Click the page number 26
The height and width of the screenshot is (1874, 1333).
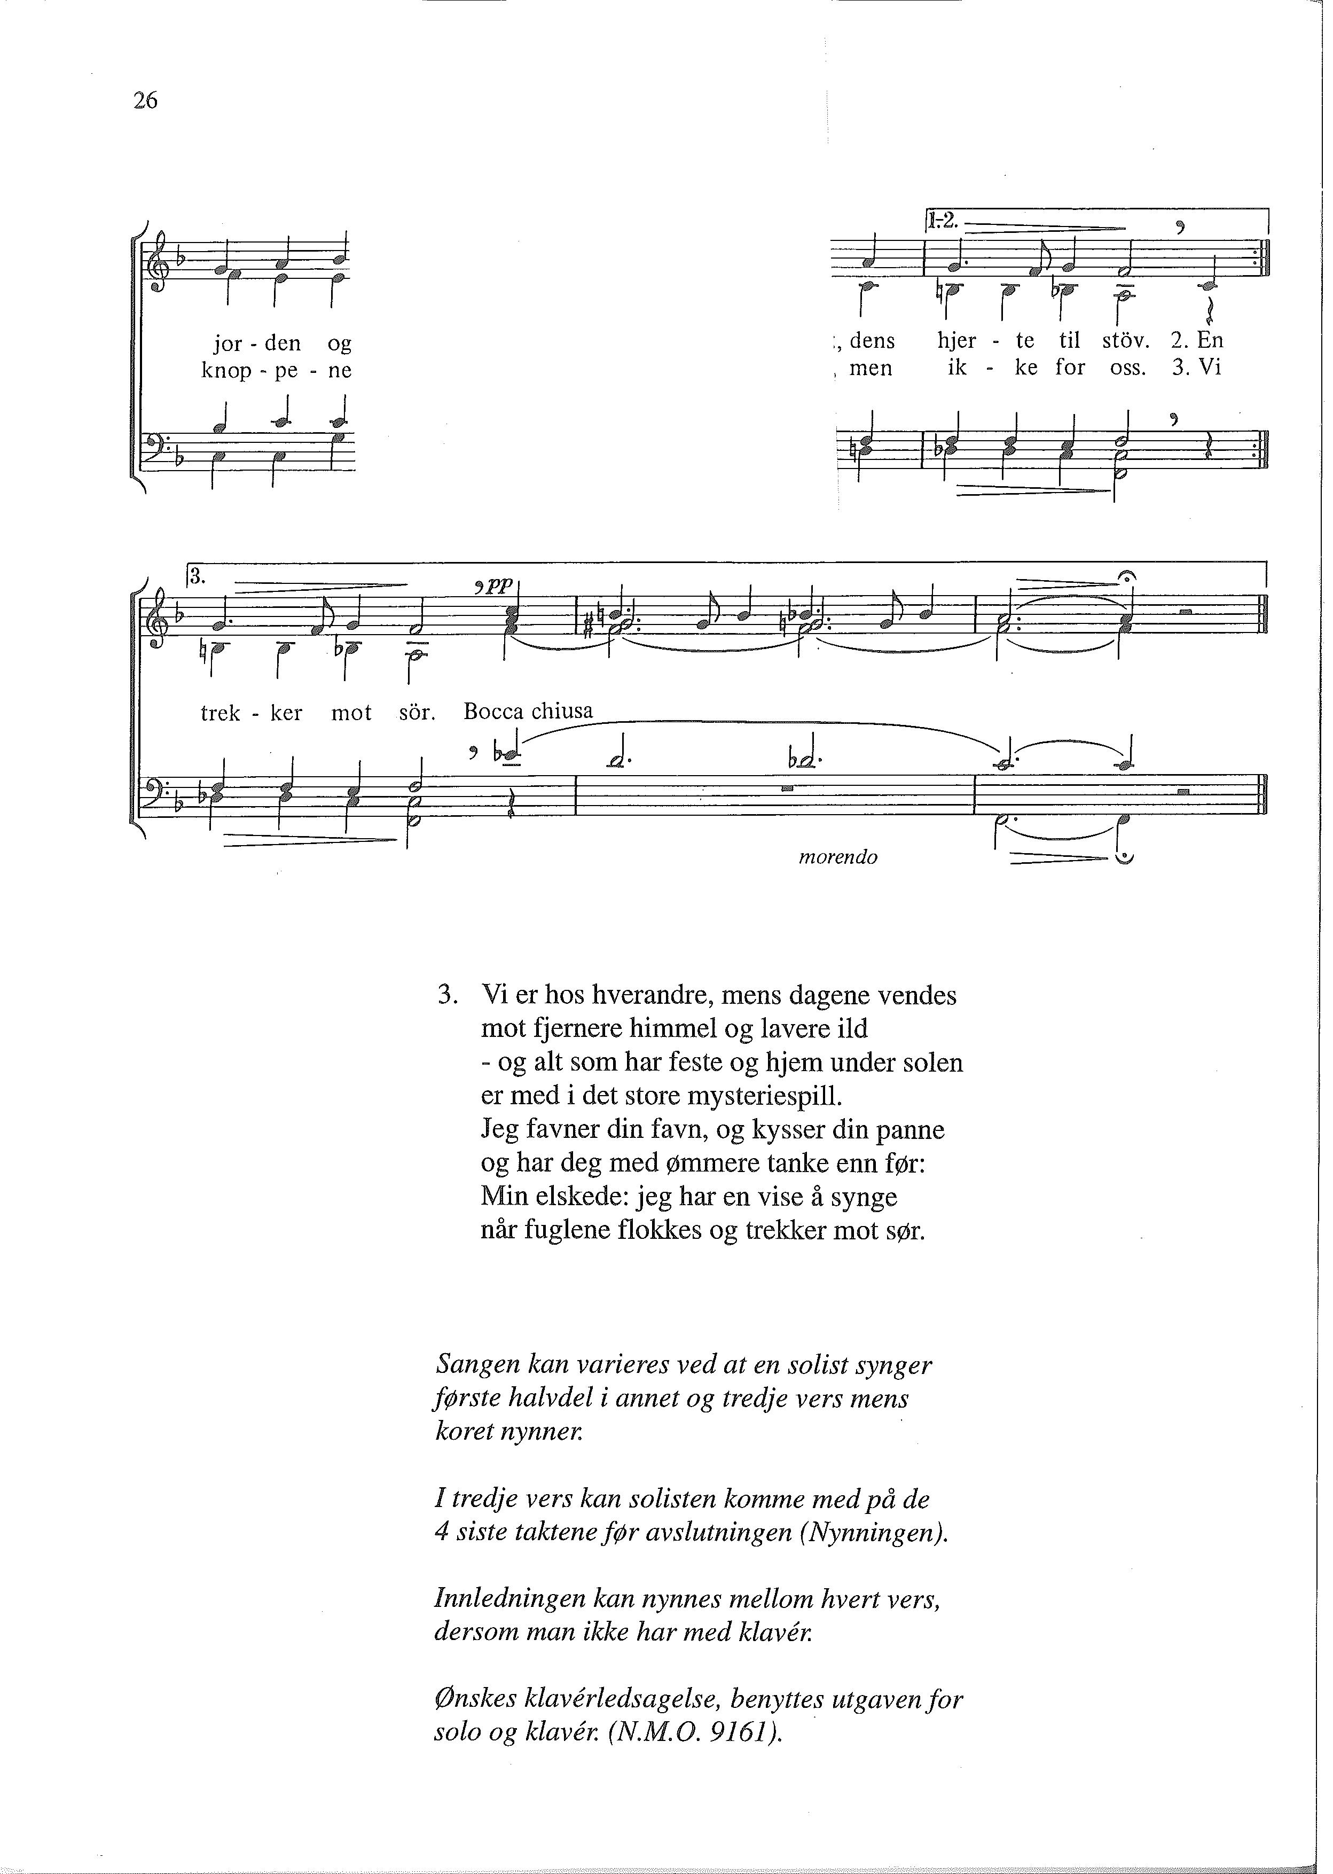(145, 101)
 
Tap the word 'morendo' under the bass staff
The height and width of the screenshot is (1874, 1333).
(837, 858)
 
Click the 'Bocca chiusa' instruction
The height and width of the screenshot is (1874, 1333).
(528, 711)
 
